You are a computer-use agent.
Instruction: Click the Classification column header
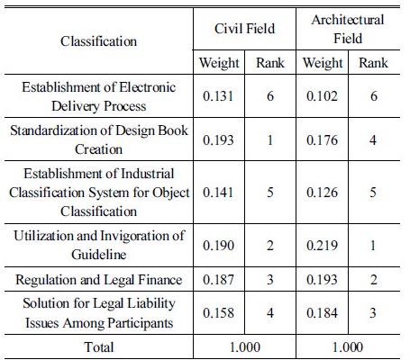98,41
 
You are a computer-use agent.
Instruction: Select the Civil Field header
244,29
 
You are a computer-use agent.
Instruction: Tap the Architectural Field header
348,29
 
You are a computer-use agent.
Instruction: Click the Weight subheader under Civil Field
219,63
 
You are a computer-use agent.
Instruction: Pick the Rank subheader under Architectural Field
373,63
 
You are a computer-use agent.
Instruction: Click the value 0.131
218,96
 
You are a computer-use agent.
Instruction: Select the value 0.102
322,96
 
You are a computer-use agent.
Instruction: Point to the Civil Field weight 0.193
218,140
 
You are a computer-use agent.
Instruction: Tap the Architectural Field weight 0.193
322,280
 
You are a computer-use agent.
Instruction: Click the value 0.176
322,140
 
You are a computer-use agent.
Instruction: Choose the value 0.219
322,246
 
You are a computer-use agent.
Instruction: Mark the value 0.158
218,313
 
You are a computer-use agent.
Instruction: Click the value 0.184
322,313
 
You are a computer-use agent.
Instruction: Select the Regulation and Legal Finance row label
99,280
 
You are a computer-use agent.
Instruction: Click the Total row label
99,347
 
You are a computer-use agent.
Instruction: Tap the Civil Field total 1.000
244,347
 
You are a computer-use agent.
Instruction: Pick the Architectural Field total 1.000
348,347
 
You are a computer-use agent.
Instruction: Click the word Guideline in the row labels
99,255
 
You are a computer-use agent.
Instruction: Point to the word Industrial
148,174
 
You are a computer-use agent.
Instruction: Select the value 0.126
322,193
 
